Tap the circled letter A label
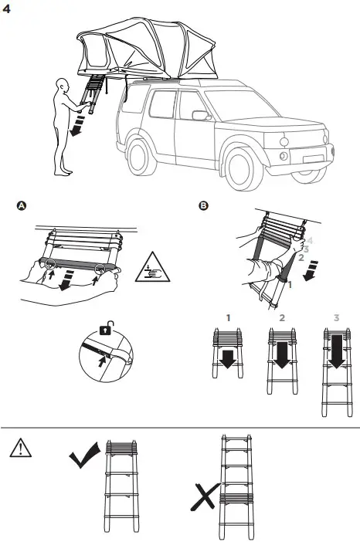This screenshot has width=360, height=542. click(x=22, y=207)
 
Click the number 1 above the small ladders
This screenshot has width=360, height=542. click(x=228, y=317)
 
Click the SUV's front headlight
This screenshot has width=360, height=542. click(x=284, y=143)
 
